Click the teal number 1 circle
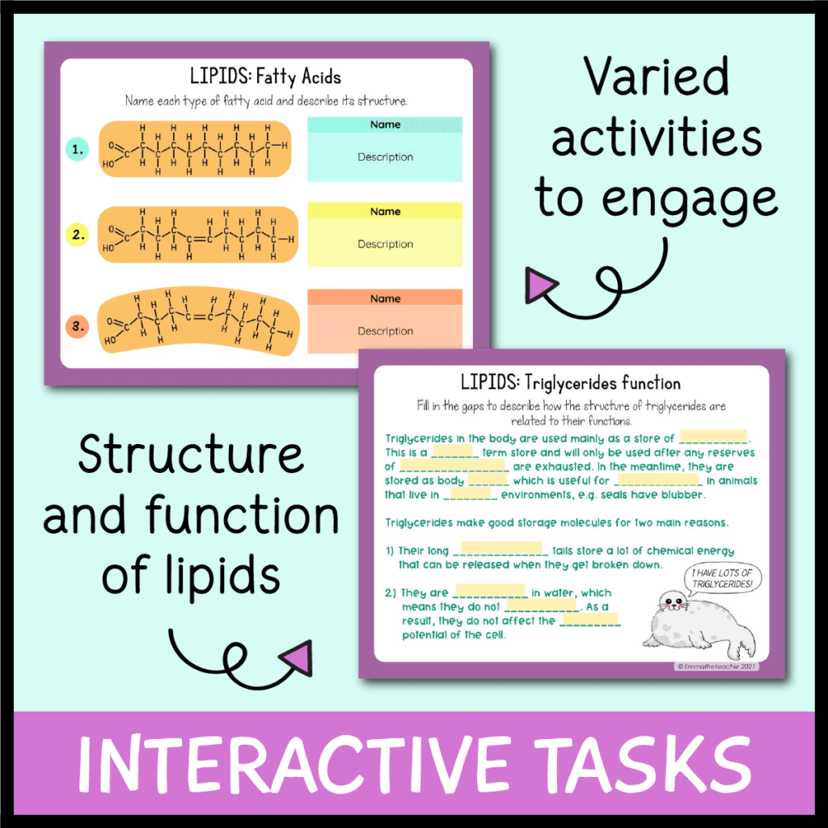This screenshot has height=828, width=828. coord(78,150)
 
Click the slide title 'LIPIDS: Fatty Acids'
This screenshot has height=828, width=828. coord(265,78)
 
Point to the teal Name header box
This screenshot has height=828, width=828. coord(385,125)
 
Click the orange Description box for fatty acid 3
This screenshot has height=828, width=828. coord(385,332)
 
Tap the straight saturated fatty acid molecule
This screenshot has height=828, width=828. coord(194,150)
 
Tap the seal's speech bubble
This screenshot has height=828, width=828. coord(723,578)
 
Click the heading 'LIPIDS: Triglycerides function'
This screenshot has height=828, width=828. coord(570,382)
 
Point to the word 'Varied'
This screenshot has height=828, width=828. coord(656,78)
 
